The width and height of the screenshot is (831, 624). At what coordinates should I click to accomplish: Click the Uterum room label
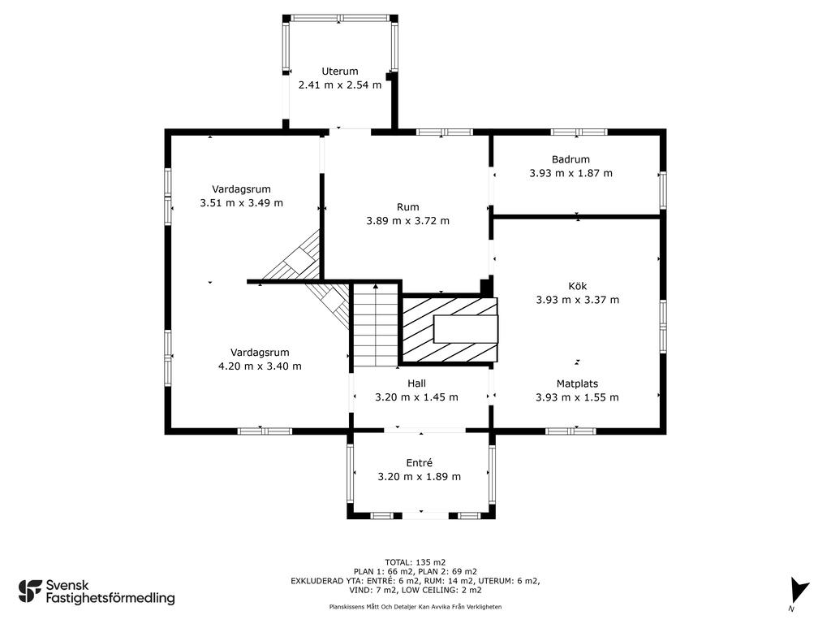coord(340,71)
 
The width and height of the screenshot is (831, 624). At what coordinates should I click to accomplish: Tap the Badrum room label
coord(571,159)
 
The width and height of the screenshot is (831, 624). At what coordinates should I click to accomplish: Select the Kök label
coord(577,286)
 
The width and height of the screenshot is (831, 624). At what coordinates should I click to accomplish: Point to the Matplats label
coord(577,383)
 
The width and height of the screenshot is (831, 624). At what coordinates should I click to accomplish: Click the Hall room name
coord(416,383)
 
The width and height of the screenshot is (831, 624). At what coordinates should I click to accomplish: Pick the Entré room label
coord(420,462)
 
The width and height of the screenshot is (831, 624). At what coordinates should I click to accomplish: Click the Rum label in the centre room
coord(407,207)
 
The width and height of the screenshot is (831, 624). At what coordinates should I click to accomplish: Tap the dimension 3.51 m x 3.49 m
coord(241,202)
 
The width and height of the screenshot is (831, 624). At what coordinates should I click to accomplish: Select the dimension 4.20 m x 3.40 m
coord(260,366)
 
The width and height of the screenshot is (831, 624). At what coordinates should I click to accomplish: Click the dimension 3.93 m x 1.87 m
coord(571,173)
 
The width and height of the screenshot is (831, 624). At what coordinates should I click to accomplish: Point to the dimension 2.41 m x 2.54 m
coord(340,84)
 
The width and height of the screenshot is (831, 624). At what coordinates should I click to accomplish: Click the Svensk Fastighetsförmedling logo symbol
coord(30,591)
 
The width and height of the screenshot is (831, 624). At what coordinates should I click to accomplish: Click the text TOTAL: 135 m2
coord(415,562)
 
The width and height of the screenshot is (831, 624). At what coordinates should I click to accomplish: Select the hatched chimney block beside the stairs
coord(450,330)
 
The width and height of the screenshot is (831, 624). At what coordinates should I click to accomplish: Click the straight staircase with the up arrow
coord(375,325)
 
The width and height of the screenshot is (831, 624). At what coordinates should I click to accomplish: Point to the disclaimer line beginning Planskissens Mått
coord(415,606)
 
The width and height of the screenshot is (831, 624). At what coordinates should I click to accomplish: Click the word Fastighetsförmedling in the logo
coord(110,598)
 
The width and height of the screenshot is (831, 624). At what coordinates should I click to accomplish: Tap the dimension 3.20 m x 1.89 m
coord(420,476)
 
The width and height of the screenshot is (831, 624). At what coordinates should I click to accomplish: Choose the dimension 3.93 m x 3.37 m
coord(577,300)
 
